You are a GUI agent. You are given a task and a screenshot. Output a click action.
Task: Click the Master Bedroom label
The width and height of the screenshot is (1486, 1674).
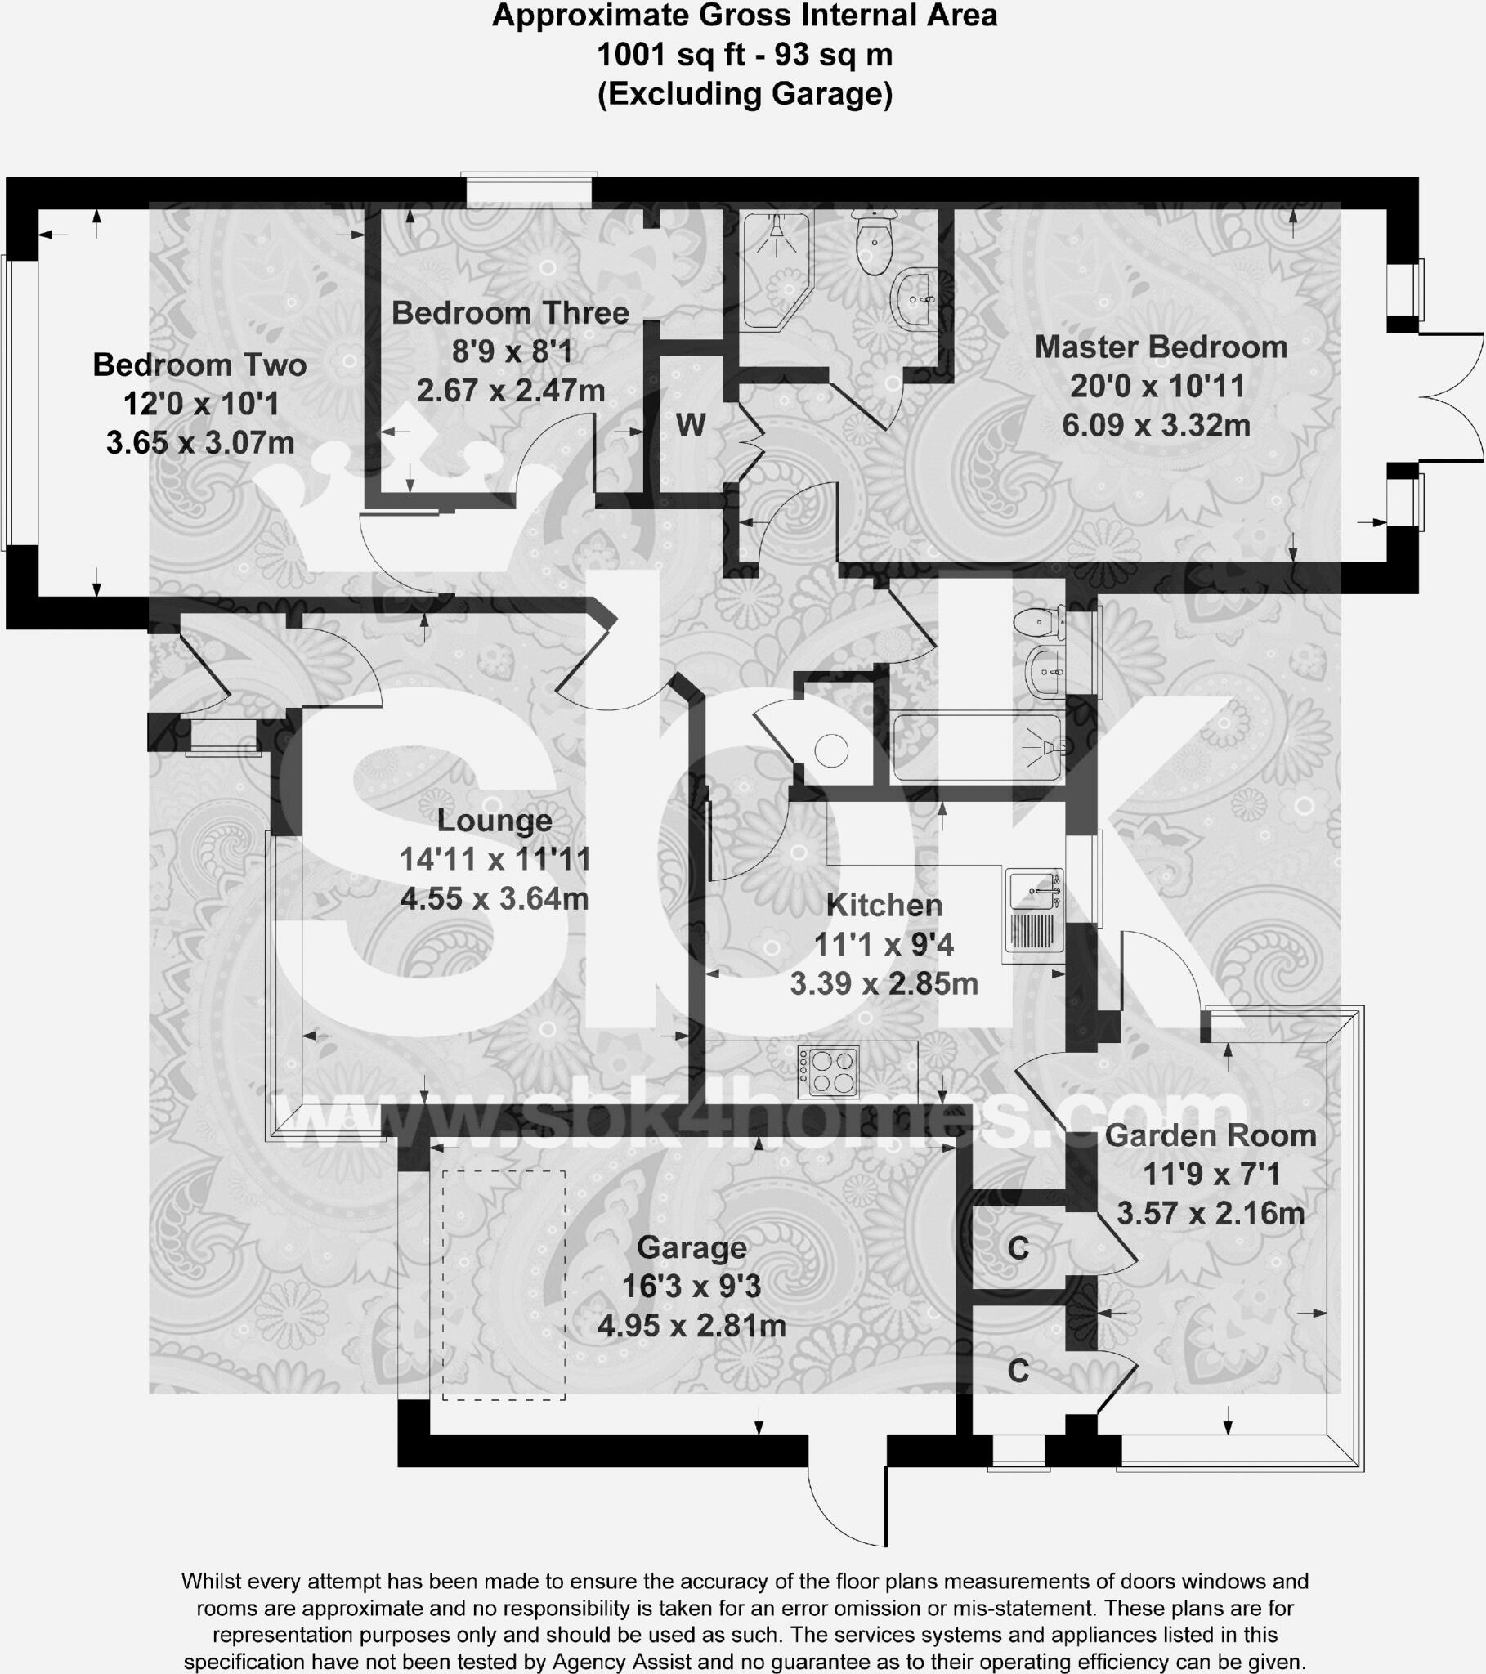click(1160, 347)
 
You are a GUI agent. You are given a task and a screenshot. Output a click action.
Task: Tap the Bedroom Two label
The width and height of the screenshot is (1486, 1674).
click(199, 365)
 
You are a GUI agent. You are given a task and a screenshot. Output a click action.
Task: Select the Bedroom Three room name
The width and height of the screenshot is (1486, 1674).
click(509, 313)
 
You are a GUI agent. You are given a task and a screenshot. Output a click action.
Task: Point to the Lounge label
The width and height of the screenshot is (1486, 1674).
click(494, 821)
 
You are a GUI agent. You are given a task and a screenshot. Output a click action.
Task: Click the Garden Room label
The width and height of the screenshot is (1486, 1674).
click(1210, 1136)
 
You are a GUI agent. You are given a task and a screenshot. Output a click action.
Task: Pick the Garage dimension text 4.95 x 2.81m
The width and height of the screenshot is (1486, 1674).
click(692, 1325)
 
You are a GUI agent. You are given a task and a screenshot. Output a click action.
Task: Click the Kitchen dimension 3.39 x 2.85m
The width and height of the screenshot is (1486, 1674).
click(884, 983)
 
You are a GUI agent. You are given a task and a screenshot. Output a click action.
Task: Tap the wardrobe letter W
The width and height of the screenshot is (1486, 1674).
click(691, 426)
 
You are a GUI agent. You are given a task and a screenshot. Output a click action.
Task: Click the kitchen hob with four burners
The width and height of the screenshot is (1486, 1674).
click(828, 1072)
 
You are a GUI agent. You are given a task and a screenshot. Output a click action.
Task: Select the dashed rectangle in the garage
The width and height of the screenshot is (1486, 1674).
click(504, 1286)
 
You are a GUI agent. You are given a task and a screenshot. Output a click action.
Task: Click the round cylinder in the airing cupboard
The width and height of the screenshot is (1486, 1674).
click(830, 750)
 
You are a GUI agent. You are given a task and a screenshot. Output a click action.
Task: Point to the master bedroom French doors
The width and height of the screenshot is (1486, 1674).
click(1450, 398)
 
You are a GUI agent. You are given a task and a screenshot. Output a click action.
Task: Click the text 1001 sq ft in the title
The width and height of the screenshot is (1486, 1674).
click(671, 55)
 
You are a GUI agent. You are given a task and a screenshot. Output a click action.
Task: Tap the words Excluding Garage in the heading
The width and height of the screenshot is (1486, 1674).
click(745, 94)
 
